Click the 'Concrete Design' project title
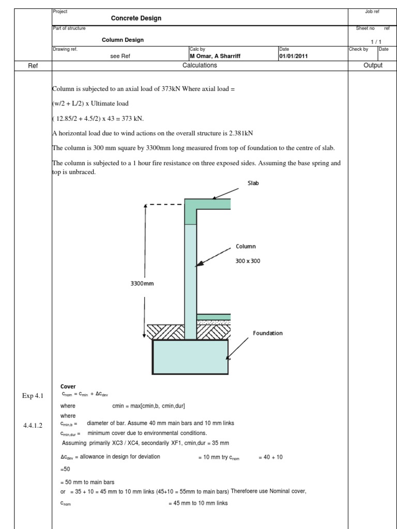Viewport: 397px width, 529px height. click(x=136, y=18)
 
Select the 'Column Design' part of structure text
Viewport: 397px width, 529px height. click(x=123, y=40)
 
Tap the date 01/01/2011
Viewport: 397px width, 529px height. click(x=294, y=56)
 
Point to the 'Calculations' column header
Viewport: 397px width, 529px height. click(x=200, y=66)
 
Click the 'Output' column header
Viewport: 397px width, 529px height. click(x=372, y=66)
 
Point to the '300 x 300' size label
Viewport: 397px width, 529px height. click(x=248, y=261)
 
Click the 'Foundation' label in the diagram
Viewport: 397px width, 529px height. click(x=268, y=333)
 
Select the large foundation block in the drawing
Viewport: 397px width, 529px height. click(x=190, y=356)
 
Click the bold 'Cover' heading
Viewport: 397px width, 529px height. click(x=68, y=386)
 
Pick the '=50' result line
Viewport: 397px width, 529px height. click(x=65, y=469)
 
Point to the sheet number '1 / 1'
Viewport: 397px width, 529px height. click(x=376, y=40)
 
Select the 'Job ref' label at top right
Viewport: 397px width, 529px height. click(x=372, y=11)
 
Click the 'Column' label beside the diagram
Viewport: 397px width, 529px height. click(x=246, y=246)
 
